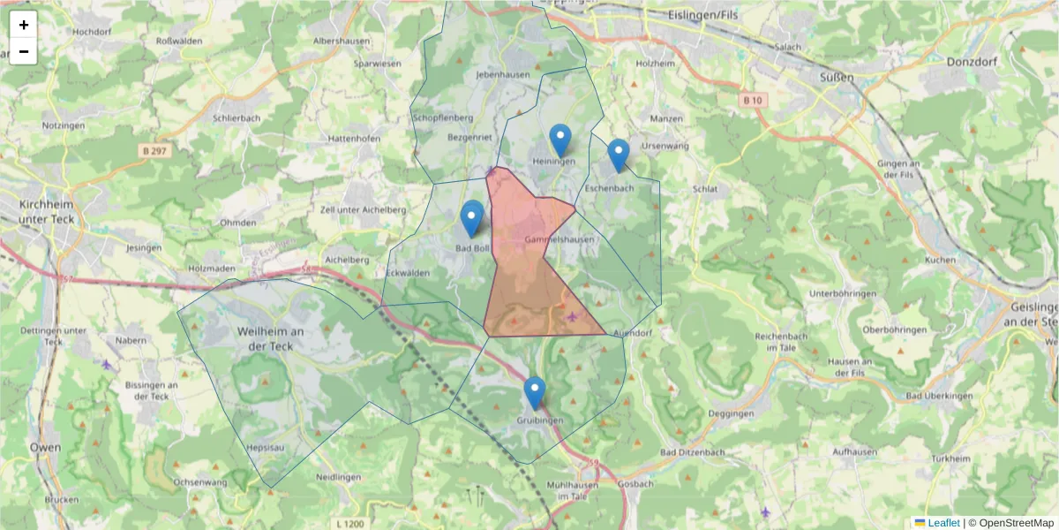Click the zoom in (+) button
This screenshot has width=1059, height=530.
pos(24,25)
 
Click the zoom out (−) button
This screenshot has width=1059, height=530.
pos(24,51)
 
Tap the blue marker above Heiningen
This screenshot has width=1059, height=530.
pos(560,140)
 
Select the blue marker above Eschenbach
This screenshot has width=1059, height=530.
pos(619,155)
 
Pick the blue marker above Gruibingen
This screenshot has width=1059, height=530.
pos(534,392)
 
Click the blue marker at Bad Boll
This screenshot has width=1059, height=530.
pos(471,218)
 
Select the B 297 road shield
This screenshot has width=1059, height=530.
pos(154,151)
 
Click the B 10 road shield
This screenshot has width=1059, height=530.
pos(752,101)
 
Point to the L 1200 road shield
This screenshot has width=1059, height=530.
pos(350,524)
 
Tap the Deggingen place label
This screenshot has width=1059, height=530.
pos(731,413)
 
